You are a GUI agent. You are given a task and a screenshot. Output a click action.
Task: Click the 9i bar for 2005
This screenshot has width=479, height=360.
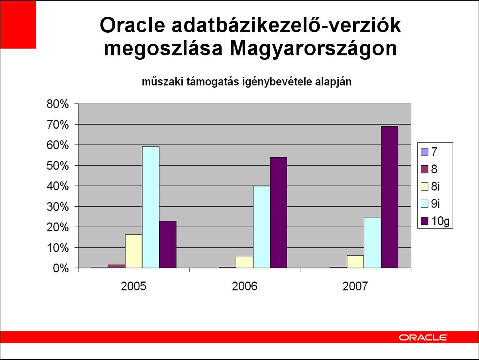pos(151,207)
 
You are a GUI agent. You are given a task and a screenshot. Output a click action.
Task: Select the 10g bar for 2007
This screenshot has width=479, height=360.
pos(389,197)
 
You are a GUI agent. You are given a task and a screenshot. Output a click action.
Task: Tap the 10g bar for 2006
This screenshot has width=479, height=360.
pos(279,213)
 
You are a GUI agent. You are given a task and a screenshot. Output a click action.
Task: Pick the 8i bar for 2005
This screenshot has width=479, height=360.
pos(133,251)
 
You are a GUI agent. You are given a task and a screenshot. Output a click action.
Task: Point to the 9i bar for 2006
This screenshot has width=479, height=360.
pos(262,227)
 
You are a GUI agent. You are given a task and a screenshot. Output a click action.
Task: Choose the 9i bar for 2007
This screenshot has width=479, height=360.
pos(373,243)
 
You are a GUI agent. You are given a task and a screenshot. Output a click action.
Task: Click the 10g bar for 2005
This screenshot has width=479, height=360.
pos(168,245)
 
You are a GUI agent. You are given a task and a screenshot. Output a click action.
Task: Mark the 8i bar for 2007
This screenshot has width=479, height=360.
pos(355,262)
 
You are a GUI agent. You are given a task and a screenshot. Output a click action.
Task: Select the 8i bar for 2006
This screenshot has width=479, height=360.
pos(245,262)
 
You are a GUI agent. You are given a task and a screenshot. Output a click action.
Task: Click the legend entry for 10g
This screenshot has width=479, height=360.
pos(435,221)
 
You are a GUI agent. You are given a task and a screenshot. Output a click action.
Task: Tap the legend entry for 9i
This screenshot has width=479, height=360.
pos(430,204)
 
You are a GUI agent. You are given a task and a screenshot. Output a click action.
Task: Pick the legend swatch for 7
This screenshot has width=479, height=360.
pos(424,152)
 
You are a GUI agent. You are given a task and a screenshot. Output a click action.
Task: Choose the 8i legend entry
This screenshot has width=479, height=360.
pos(430,187)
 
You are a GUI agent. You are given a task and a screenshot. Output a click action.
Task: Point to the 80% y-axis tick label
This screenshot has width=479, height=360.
pos(58,104)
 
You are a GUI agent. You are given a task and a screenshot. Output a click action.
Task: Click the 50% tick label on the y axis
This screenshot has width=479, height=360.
pos(58,166)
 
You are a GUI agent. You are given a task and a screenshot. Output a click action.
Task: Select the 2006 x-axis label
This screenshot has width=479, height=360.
pos(244,286)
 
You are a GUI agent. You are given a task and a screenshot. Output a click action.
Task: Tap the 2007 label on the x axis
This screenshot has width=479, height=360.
pos(355,286)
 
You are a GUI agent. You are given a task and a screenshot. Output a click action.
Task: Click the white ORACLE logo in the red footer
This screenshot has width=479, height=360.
pos(423,338)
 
